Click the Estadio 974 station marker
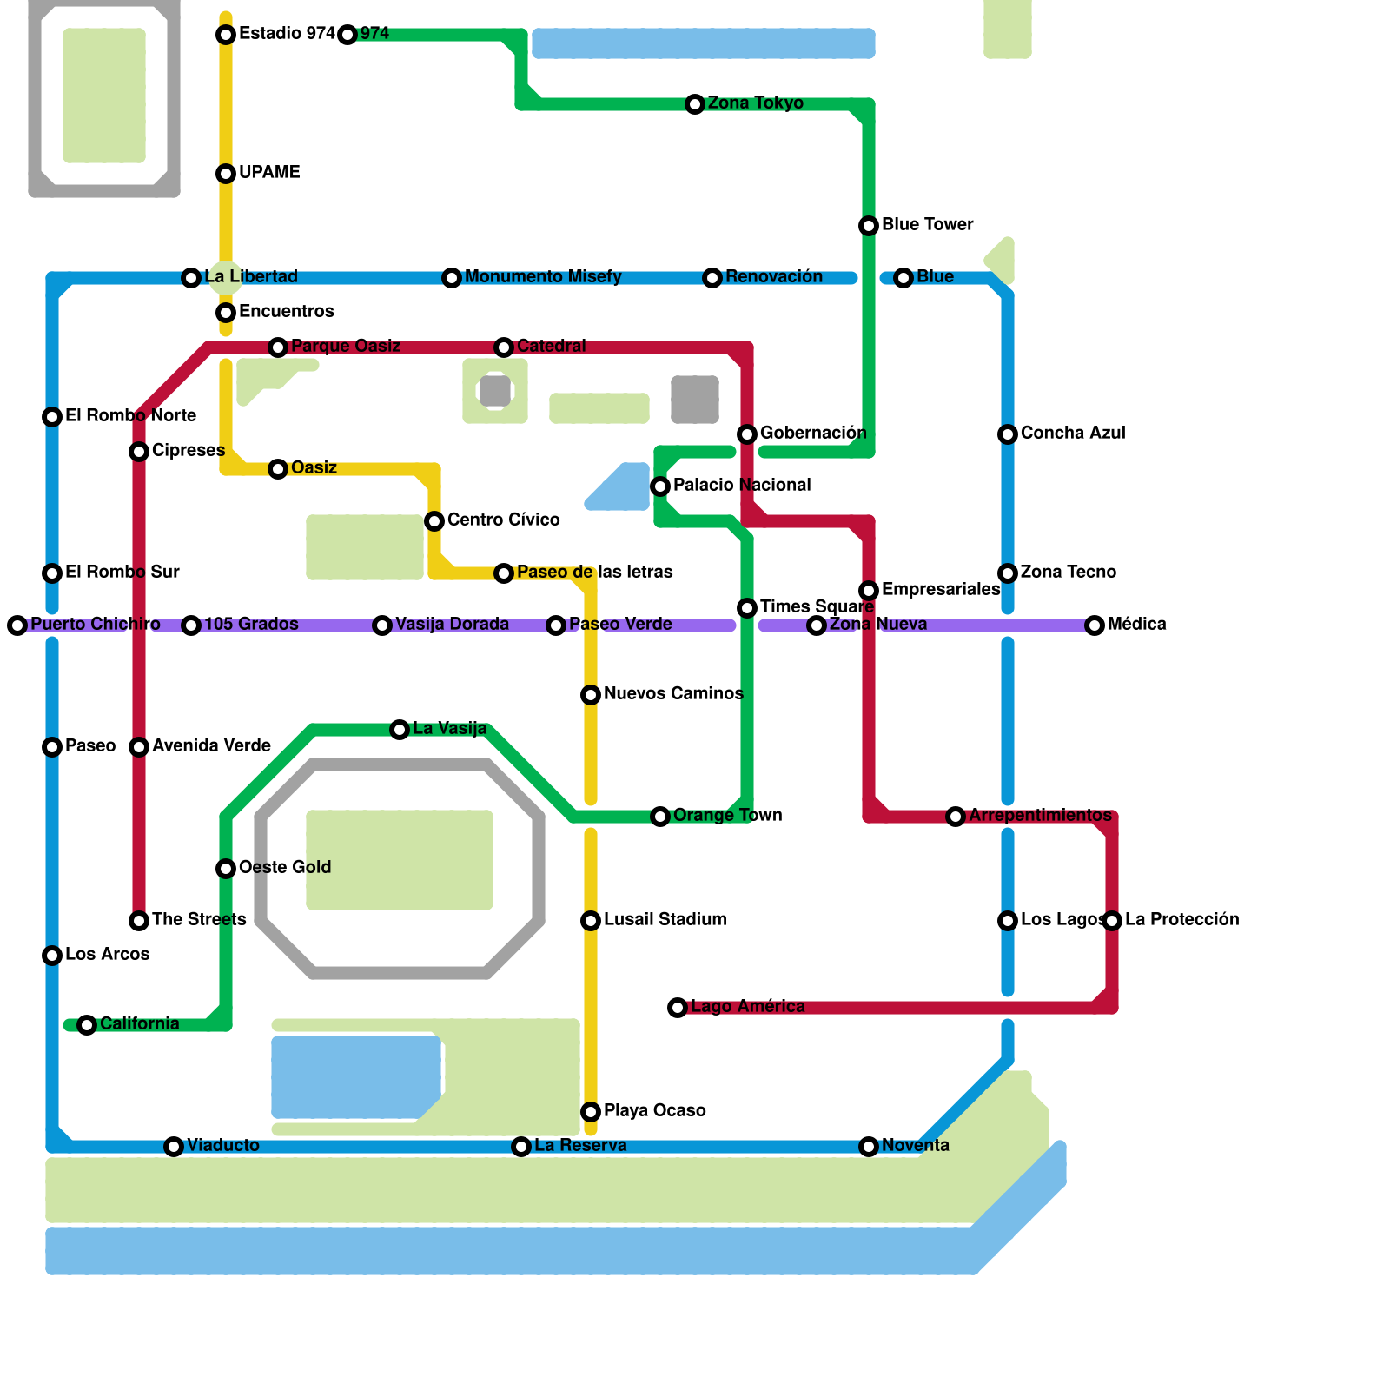(x=226, y=35)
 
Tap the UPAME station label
(x=269, y=173)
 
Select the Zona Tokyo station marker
(x=695, y=104)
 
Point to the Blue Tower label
(x=927, y=225)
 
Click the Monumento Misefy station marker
(x=452, y=278)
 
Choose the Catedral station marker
(x=504, y=347)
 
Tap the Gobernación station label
(x=812, y=434)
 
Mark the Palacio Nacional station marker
(x=660, y=486)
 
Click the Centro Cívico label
(x=503, y=520)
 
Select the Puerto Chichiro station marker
(x=17, y=625)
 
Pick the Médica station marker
(x=1095, y=625)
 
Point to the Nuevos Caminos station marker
(x=591, y=695)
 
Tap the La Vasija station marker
(x=400, y=730)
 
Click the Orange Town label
(x=727, y=816)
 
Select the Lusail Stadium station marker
(x=591, y=921)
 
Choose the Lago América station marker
(x=678, y=1008)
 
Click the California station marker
(x=87, y=1025)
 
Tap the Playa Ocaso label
(x=654, y=1111)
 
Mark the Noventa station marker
(x=869, y=1147)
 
